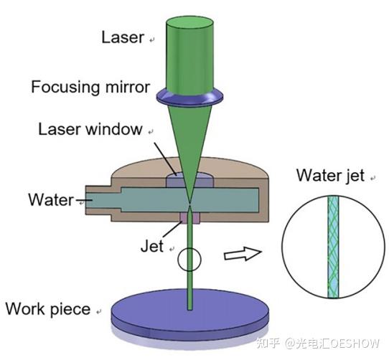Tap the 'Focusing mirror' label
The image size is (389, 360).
click(90, 87)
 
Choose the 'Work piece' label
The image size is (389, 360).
click(48, 309)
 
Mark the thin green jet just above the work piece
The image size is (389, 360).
click(190, 294)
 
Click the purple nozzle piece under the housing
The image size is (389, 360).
click(190, 217)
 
